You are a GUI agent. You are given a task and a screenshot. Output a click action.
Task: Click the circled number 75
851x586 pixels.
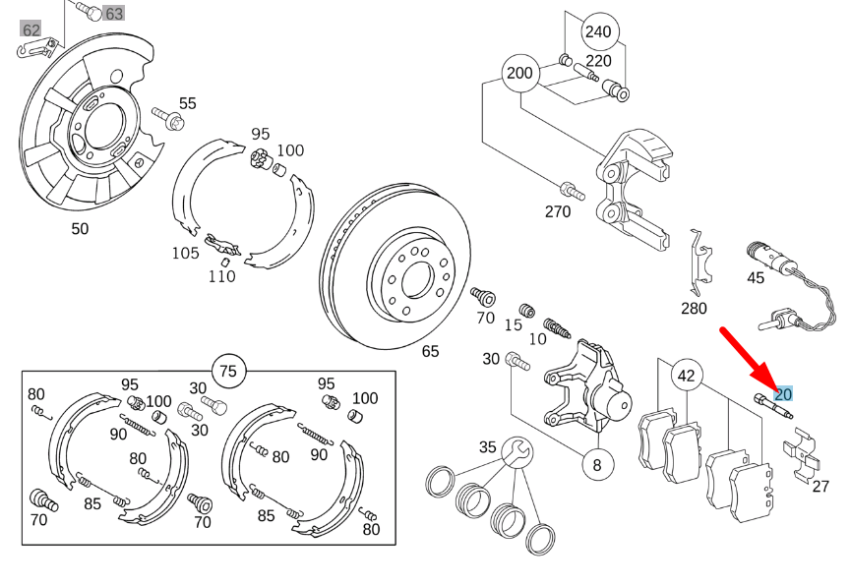[x=228, y=371]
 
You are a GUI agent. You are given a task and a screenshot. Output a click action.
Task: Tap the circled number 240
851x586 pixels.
[x=598, y=31]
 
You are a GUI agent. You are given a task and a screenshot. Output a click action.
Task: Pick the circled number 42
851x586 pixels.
[x=686, y=375]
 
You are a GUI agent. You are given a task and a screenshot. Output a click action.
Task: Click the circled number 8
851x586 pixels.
[x=596, y=462]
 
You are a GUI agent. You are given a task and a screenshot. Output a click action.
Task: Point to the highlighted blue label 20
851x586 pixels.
[x=783, y=394]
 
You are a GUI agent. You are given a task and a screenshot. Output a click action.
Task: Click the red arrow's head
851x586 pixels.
[x=770, y=386]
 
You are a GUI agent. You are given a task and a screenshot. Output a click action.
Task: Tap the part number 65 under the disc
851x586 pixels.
[x=430, y=351]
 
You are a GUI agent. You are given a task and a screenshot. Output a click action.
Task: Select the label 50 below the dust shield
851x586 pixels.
[x=80, y=228]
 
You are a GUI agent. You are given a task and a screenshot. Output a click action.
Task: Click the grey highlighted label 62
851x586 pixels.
[x=31, y=30]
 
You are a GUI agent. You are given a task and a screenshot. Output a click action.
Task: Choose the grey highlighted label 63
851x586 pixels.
[x=114, y=14]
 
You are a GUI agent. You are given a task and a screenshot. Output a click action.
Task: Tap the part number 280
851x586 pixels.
[x=694, y=308]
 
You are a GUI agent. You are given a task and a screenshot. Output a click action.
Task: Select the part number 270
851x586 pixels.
[x=557, y=211]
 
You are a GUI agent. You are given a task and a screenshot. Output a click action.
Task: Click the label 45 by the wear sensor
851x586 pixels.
[x=755, y=277]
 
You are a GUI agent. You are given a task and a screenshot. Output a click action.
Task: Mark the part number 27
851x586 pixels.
[x=821, y=486]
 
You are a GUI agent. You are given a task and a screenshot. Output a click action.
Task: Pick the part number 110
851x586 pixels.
[x=221, y=276]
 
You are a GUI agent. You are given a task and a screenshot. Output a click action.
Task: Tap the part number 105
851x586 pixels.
[x=185, y=253]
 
